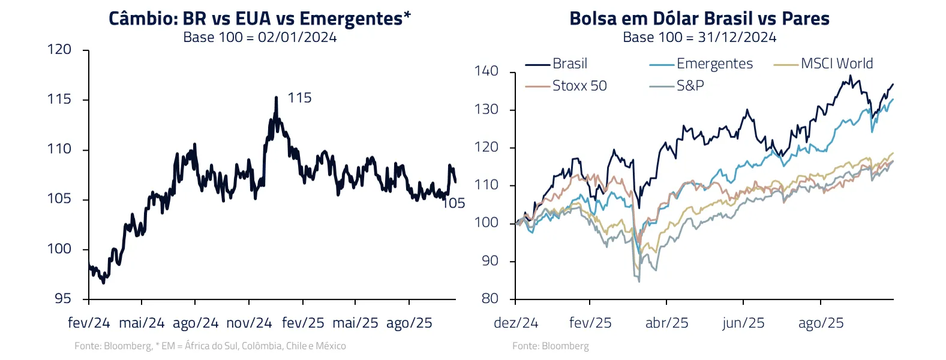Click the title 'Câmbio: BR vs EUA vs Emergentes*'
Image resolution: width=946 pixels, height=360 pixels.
[x=259, y=19]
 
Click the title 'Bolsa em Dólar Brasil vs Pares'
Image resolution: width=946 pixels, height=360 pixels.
[x=699, y=19]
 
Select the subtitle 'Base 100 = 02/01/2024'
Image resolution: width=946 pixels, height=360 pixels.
[x=259, y=37]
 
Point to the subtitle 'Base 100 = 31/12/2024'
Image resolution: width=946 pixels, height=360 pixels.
[x=699, y=37]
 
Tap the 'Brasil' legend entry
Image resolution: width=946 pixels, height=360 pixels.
[x=569, y=64]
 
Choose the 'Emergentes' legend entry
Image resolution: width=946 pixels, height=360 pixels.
[x=714, y=64]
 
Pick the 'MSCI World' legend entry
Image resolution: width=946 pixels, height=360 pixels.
[x=836, y=64]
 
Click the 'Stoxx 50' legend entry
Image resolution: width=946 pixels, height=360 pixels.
[x=579, y=86]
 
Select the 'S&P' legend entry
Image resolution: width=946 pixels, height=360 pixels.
[x=690, y=86]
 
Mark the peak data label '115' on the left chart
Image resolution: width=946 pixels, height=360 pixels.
[x=299, y=98]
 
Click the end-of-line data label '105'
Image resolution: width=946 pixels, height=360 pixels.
[x=454, y=203]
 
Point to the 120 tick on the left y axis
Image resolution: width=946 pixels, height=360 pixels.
[x=59, y=49]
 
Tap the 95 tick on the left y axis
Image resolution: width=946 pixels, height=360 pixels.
[x=62, y=298]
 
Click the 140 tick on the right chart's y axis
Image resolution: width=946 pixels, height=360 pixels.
[x=486, y=71]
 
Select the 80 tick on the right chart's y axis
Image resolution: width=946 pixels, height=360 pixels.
[x=489, y=298]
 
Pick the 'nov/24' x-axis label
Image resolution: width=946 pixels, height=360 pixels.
[x=249, y=323]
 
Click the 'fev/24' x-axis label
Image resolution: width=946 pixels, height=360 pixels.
[x=89, y=323]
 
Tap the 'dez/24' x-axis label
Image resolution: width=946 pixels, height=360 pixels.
[x=516, y=323]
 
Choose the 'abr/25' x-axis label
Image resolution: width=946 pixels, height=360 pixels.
[x=666, y=323]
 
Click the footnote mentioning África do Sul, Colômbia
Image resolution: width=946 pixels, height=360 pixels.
[x=210, y=346]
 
